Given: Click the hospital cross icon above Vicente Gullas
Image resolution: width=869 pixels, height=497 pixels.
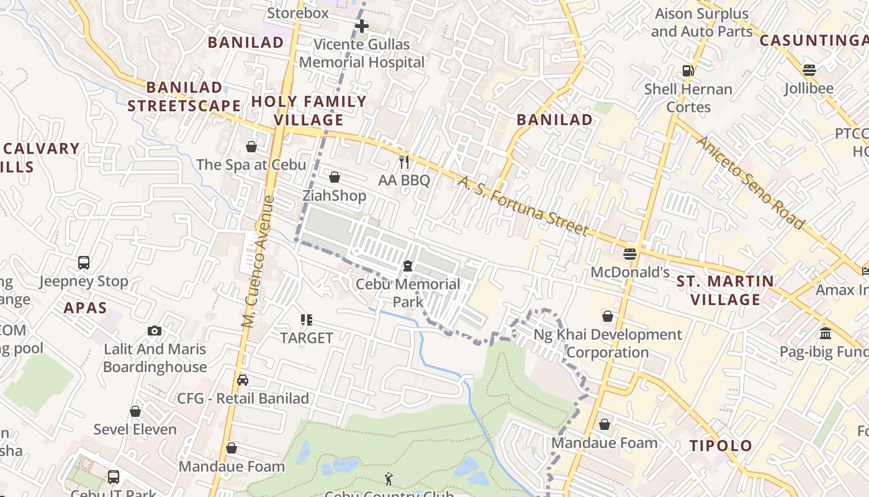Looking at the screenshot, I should [361, 26].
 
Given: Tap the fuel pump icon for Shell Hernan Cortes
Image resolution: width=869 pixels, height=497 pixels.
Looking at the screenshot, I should [688, 71].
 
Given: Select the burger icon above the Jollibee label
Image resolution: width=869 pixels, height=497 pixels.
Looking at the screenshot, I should [809, 70].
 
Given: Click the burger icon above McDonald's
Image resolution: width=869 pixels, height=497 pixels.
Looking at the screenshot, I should [630, 253].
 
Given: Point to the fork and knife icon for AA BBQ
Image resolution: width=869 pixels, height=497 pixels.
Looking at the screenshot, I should [404, 162].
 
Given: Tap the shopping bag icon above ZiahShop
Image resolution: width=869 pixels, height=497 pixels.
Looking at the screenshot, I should [335, 178].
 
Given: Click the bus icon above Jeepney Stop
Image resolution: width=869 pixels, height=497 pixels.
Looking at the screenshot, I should [84, 263].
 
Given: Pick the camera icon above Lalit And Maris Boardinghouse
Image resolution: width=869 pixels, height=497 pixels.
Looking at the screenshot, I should [155, 331].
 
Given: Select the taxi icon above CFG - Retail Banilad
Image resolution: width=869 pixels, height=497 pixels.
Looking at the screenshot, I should [243, 380].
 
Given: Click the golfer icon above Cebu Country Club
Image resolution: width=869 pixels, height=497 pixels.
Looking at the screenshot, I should [389, 478].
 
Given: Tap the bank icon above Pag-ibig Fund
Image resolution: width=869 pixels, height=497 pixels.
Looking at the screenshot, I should [826, 334].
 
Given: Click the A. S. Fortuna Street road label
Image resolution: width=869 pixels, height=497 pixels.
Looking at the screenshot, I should [523, 206].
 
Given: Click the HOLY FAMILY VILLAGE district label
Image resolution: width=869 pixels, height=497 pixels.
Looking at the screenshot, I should [309, 110].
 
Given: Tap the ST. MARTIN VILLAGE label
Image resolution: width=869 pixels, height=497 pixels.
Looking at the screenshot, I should [725, 290].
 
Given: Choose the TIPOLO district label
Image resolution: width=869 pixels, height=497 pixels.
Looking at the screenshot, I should [721, 445].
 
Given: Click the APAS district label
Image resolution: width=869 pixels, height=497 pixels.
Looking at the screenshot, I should [85, 308].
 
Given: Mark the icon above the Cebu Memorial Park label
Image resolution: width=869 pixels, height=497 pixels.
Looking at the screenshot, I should [408, 266].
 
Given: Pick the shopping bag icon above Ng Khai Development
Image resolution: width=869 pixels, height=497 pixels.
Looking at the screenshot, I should [608, 317].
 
